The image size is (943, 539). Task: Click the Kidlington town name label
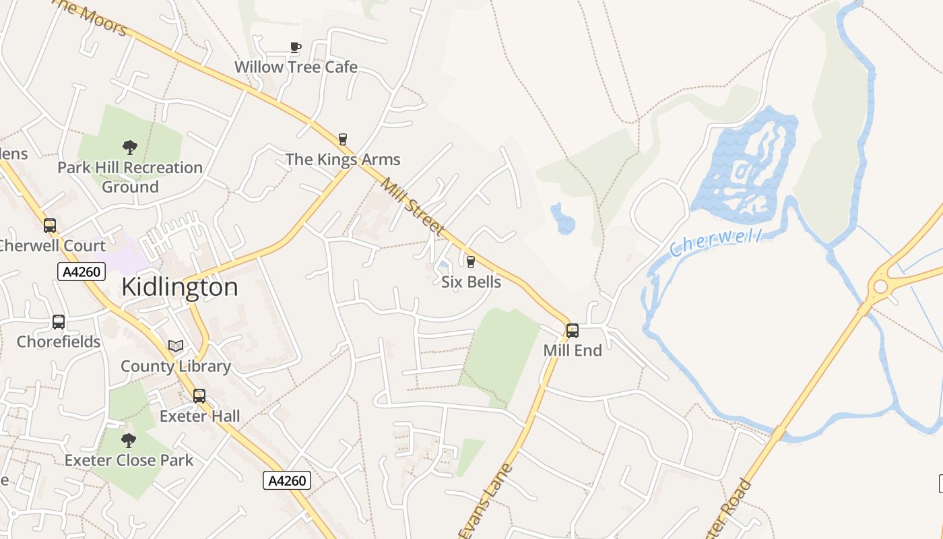click(180, 288)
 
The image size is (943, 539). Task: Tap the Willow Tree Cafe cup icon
click(295, 46)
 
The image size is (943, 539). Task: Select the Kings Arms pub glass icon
click(343, 139)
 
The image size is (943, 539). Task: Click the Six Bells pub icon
click(471, 261)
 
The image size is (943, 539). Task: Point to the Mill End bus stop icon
click(573, 330)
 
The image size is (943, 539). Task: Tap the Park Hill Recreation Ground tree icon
click(130, 147)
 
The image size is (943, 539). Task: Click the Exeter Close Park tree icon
click(129, 441)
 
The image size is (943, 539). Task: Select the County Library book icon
click(176, 346)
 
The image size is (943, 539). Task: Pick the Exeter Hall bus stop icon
click(199, 396)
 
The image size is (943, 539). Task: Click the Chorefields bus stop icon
click(59, 322)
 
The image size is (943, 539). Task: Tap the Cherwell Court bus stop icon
click(50, 225)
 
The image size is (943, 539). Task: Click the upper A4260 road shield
click(82, 272)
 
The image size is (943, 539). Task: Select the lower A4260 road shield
click(286, 480)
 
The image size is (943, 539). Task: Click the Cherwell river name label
click(716, 243)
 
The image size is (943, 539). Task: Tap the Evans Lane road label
click(486, 501)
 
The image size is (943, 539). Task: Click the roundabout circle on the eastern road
click(880, 287)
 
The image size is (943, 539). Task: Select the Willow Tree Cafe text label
click(296, 67)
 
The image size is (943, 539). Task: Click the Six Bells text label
click(471, 282)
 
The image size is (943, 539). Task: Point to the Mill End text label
click(573, 350)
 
